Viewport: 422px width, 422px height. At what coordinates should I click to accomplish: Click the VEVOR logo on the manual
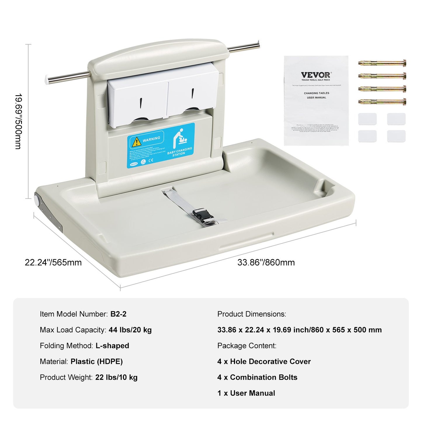316,75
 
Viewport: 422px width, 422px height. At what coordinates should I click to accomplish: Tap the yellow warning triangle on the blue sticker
136,142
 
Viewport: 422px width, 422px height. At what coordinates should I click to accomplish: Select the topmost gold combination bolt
382,63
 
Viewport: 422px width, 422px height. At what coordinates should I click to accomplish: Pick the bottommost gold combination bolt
382,102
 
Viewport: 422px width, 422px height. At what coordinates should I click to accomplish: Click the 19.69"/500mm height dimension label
18,121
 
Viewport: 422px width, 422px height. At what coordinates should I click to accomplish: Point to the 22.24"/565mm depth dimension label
53,263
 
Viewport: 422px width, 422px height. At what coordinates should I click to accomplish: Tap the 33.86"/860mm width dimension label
266,263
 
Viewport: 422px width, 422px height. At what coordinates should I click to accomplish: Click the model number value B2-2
118,314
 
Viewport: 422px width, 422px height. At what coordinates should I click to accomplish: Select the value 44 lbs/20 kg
130,330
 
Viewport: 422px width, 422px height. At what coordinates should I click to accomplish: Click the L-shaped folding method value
112,346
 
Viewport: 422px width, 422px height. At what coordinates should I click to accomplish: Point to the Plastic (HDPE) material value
96,362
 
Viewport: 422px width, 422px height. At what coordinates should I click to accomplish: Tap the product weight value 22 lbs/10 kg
116,377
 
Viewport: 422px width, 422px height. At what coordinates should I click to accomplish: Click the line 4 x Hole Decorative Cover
264,362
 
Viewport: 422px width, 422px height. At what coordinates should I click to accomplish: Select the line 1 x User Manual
246,393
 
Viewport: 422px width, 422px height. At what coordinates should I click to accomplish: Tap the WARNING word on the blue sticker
151,139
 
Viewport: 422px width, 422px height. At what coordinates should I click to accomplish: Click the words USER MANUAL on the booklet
316,98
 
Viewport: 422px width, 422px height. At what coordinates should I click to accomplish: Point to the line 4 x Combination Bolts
257,377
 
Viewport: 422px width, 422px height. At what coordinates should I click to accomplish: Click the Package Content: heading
247,346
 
